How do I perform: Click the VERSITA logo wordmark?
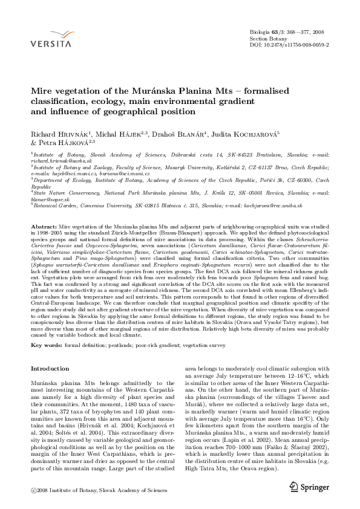pyautogui.click(x=53, y=44)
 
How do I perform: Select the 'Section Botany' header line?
pyautogui.click(x=267, y=37)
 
